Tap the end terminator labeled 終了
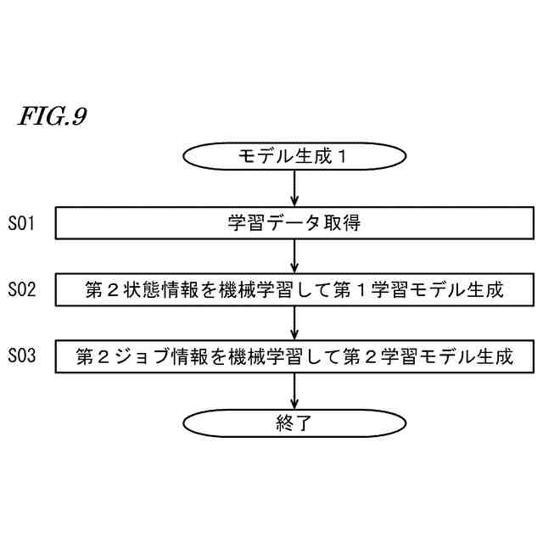tap(294, 423)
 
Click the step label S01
tap(22, 224)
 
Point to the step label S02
tap(22, 289)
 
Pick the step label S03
tap(22, 355)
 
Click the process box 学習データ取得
tap(294, 224)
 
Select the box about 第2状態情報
tap(294, 289)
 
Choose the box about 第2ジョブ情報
tap(294, 355)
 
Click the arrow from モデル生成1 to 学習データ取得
tap(294, 189)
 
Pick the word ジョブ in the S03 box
tap(143, 356)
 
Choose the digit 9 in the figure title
tap(78, 116)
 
